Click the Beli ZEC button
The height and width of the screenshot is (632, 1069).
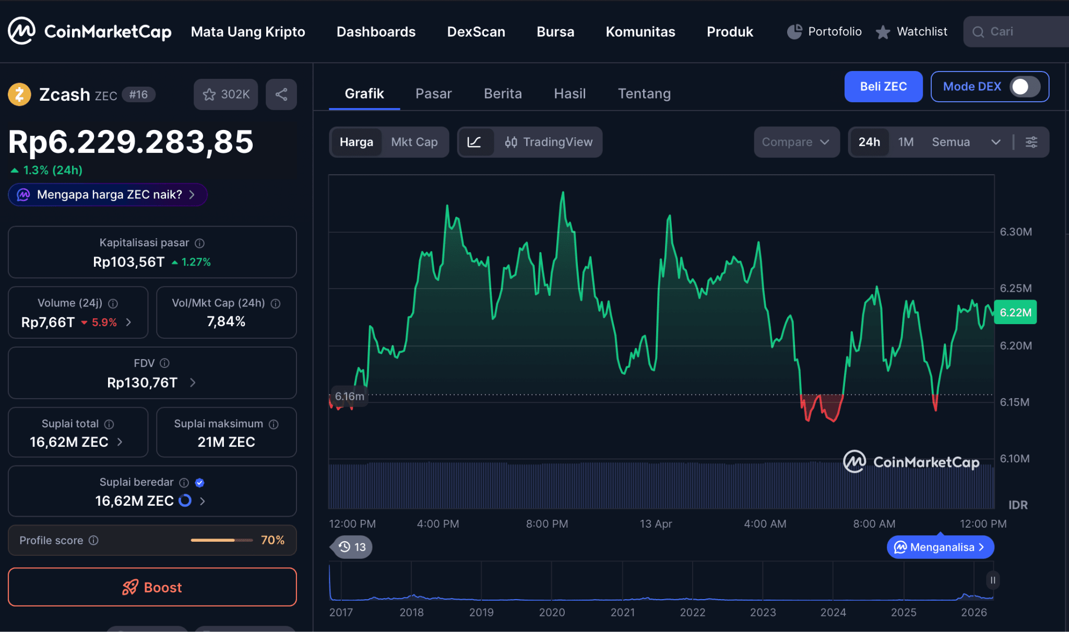pos(883,87)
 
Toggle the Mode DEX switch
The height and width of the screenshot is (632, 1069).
pos(1024,87)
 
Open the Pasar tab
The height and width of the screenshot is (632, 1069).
pos(433,93)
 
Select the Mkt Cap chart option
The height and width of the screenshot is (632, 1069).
pos(414,142)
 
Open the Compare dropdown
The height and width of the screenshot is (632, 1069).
pos(795,142)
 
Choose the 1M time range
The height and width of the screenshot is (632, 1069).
pos(905,142)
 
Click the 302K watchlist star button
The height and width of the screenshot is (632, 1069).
pos(225,94)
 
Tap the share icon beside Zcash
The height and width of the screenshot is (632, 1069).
pos(281,94)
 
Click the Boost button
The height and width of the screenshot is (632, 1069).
pos(152,587)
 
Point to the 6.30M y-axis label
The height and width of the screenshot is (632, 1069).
pos(1015,232)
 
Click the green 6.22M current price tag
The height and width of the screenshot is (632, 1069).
pos(1015,313)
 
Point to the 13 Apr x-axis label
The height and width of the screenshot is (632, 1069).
pos(656,523)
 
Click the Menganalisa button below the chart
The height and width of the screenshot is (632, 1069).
pos(940,547)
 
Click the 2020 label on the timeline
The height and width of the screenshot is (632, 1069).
pos(551,612)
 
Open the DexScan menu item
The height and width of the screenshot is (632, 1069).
pos(476,32)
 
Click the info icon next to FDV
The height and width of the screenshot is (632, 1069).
pos(164,363)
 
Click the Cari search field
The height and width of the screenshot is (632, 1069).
pos(1018,32)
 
